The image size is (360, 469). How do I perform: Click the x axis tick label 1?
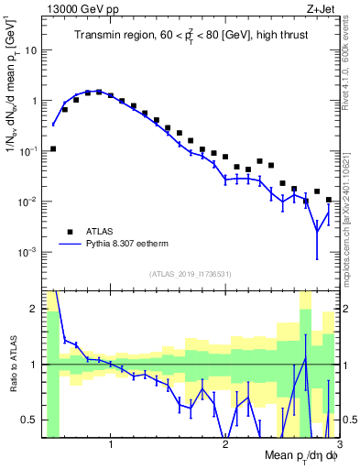pos(111,444)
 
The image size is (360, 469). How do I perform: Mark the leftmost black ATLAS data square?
pos(53,148)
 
